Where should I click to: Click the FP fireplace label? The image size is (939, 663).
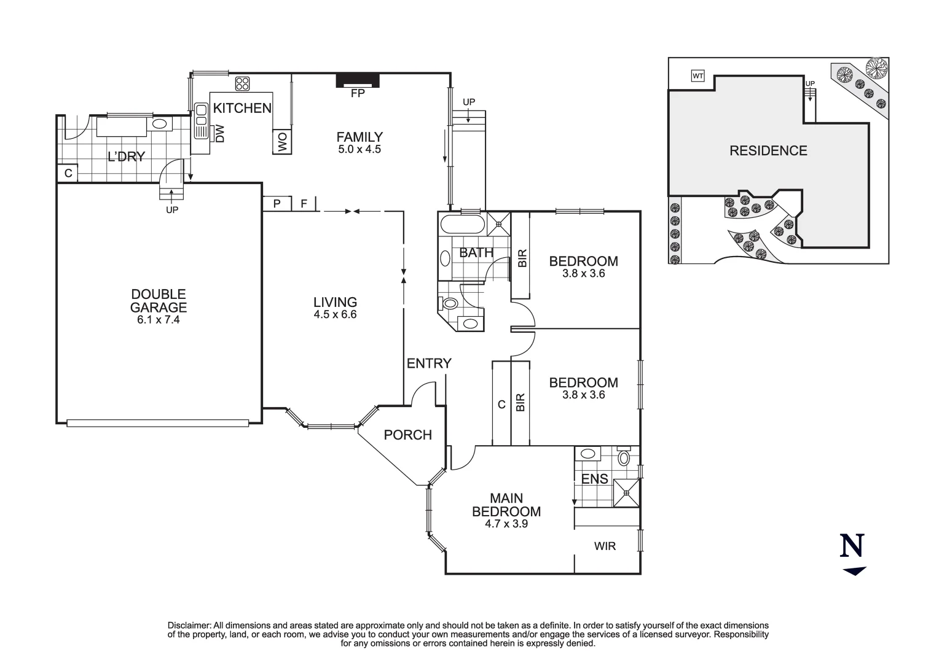click(357, 94)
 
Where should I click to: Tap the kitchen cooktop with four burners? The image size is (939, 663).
click(242, 83)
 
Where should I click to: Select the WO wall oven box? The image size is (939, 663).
click(282, 142)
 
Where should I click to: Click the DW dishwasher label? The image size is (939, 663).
click(219, 134)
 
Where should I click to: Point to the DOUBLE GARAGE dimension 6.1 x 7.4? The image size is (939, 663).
click(159, 320)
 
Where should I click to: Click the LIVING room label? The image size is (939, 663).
click(335, 302)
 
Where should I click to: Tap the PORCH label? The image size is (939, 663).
click(407, 435)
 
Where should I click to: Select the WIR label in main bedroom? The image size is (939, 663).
click(605, 546)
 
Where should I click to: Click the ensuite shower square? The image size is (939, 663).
click(626, 493)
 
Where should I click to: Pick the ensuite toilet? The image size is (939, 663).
click(624, 457)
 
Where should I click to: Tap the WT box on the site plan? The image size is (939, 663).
click(697, 76)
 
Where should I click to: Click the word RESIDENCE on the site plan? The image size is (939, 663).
click(768, 150)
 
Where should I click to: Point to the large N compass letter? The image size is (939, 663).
click(852, 546)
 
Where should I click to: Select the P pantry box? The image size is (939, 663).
click(277, 203)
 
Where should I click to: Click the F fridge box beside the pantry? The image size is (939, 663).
click(304, 203)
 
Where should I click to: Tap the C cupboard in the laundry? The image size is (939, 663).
click(68, 173)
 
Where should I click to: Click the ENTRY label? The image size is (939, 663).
click(429, 363)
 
